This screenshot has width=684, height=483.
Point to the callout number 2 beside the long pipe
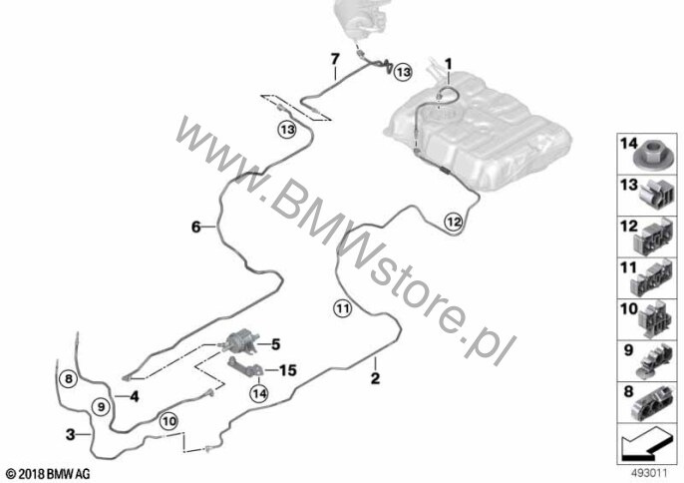tap(375, 378)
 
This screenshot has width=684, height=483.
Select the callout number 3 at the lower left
tap(70, 434)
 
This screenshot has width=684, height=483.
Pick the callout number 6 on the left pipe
tap(196, 228)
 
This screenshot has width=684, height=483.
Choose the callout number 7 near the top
tap(335, 58)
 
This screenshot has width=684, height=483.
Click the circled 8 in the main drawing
tap(67, 378)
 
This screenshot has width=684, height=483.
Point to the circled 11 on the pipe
tap(343, 308)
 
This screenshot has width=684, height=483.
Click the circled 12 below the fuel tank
tap(453, 223)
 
